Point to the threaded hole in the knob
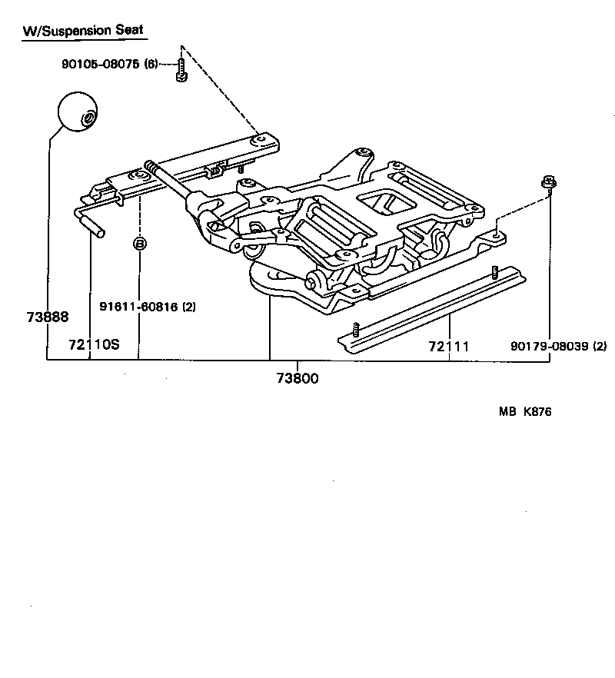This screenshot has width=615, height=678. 89,118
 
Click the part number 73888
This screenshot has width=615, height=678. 46,317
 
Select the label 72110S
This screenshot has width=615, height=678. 94,344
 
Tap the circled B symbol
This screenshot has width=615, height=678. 140,244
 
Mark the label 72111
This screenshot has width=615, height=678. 449,347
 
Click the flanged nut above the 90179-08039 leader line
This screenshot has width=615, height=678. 547,182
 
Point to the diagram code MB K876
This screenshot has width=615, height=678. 525,412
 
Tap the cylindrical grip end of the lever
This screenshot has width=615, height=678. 96,228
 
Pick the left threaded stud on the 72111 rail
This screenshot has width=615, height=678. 356,330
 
